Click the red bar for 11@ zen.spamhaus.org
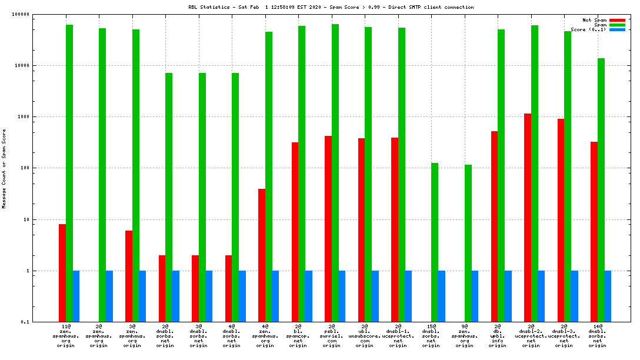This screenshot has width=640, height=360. coord(62,273)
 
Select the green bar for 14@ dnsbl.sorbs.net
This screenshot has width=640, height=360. coord(601,190)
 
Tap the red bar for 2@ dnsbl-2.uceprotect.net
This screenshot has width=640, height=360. coord(528,218)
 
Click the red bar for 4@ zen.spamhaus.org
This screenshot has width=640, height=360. coord(262,255)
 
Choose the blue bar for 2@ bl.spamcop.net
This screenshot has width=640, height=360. coord(309,296)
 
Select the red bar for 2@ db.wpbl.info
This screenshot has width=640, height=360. coord(495,226)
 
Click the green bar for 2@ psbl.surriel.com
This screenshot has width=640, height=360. coord(335,173)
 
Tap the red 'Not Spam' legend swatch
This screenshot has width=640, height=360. coord(617,20)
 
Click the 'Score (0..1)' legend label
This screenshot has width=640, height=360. coord(588,29)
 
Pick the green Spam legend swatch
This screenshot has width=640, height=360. coord(617,25)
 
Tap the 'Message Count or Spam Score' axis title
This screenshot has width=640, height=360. coord(4,169)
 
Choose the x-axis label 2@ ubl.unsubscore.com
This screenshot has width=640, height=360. coord(365,335)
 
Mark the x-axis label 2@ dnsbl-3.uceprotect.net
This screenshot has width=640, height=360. coord(564,335)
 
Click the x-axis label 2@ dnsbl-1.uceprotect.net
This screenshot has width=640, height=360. coord(398,335)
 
